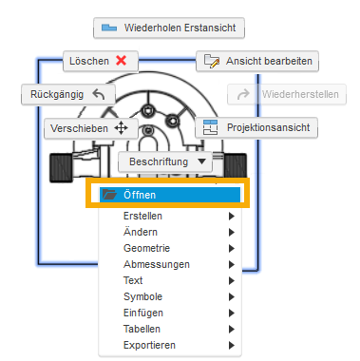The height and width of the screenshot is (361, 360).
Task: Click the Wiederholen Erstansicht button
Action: (x=170, y=28)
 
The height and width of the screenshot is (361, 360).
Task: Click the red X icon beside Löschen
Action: (x=121, y=60)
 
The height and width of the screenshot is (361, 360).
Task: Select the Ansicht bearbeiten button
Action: (x=256, y=61)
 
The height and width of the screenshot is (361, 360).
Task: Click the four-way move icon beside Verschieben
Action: (x=121, y=128)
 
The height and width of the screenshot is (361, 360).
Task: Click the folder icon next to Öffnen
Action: (x=109, y=194)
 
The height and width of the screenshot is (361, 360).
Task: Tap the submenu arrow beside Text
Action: (x=231, y=280)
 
